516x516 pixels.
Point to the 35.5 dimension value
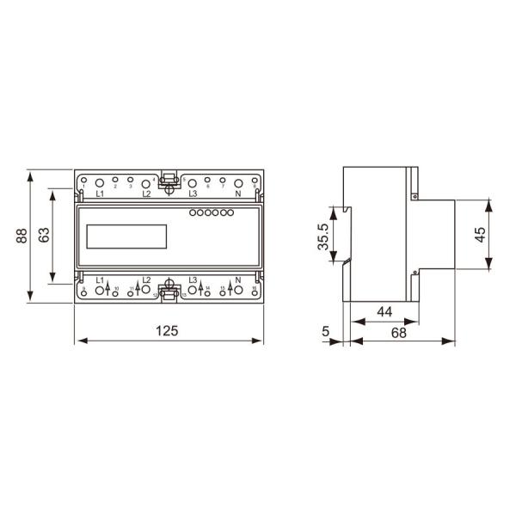[x=323, y=237]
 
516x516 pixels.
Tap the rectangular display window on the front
[x=126, y=237]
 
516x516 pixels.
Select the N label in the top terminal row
[x=238, y=195]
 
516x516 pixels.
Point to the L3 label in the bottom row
[x=192, y=279]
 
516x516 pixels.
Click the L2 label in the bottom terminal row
[x=146, y=279]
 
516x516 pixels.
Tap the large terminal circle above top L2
[x=146, y=183]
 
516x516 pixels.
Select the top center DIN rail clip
[x=169, y=181]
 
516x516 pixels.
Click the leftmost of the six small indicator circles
[x=192, y=212]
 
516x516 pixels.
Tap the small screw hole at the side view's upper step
[x=415, y=197]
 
